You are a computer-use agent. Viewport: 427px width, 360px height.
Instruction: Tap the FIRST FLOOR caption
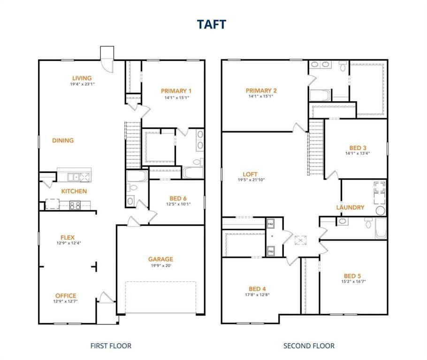coord(111,346)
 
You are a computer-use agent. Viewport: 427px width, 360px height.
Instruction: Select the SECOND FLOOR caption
coord(309,346)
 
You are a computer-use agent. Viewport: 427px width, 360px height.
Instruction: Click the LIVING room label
coord(82,78)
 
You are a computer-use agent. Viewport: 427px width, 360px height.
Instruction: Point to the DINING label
coord(63,140)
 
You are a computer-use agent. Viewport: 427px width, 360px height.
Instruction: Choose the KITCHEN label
coord(74,191)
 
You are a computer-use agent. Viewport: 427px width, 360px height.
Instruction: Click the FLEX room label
coord(67,238)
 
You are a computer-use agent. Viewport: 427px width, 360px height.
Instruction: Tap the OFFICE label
coord(66,296)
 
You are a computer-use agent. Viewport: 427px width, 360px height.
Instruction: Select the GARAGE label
coord(160,259)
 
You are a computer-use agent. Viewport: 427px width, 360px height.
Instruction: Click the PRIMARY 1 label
coord(176,91)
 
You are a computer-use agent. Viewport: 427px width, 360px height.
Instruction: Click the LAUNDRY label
coord(350,207)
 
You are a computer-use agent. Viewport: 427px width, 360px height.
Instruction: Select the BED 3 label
coord(358,147)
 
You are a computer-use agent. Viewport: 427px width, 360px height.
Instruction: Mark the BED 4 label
coord(258,289)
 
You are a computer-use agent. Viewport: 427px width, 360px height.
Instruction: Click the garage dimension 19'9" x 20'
coord(160,266)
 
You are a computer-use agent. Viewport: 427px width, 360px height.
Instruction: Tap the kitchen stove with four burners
coord(75,204)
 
